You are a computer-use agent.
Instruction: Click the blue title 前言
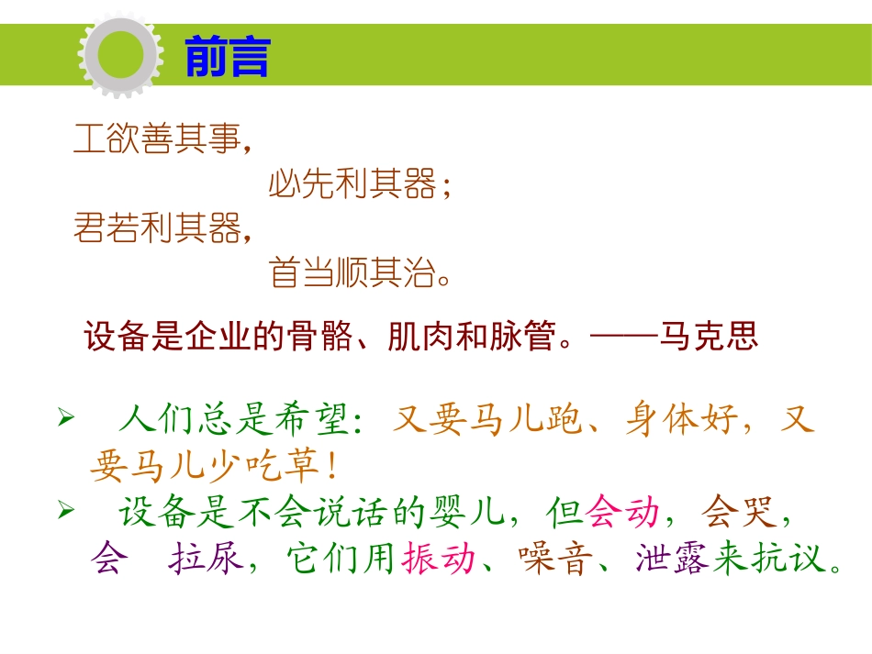click(227, 57)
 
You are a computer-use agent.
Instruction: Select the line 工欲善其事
click(160, 140)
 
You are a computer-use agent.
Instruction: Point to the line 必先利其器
click(357, 185)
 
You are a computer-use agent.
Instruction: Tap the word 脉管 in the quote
click(527, 336)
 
